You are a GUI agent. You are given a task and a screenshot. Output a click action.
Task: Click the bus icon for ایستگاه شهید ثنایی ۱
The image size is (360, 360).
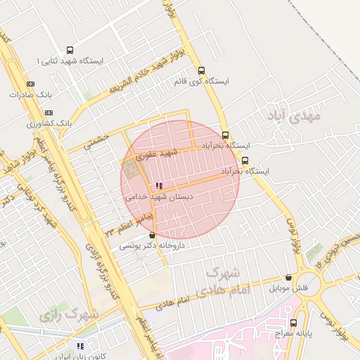point(69,50)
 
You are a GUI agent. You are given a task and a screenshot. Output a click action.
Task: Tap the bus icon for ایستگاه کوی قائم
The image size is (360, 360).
point(202,70)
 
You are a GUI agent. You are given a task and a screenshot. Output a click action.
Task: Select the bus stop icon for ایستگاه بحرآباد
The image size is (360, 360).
point(225,135)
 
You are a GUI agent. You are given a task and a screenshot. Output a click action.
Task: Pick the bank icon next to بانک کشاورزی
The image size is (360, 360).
point(48,112)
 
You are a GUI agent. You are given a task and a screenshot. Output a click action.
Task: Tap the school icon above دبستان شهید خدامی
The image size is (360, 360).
point(159,186)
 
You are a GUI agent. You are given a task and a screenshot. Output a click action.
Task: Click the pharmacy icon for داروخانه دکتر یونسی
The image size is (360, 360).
point(153,236)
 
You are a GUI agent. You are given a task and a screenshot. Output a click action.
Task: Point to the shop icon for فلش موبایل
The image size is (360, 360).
point(288,277)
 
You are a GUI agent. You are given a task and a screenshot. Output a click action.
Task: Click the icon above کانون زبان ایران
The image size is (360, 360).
point(80,346)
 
